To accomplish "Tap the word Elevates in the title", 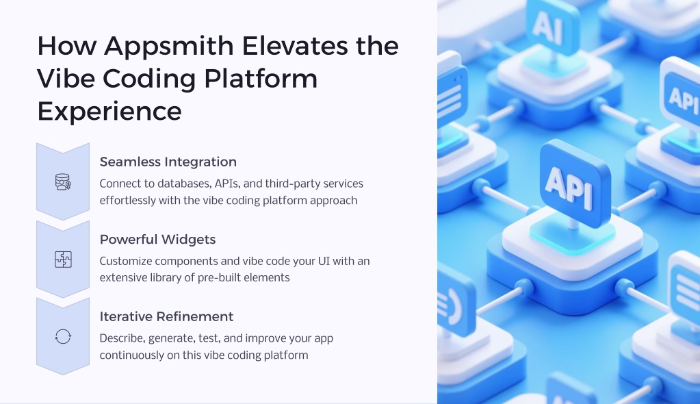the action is point(296,46).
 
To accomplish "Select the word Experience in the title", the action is point(109,112).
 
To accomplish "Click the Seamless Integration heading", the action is point(168,162).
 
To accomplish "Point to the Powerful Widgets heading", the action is point(157,240).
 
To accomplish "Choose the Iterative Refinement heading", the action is point(166,316).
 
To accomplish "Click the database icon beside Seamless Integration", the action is point(63,182).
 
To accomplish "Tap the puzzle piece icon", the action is point(63,260).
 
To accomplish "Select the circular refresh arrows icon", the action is point(63,336).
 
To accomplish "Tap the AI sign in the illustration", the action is point(553,26).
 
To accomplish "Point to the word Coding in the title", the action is point(149,79).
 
